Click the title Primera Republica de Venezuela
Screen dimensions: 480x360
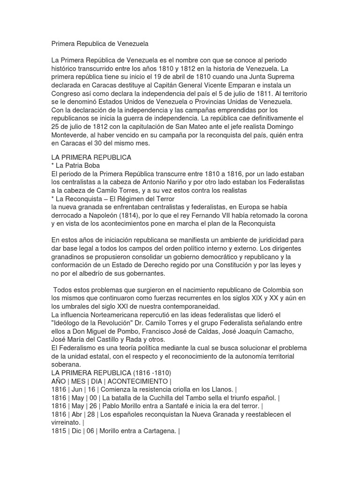(99, 44)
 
